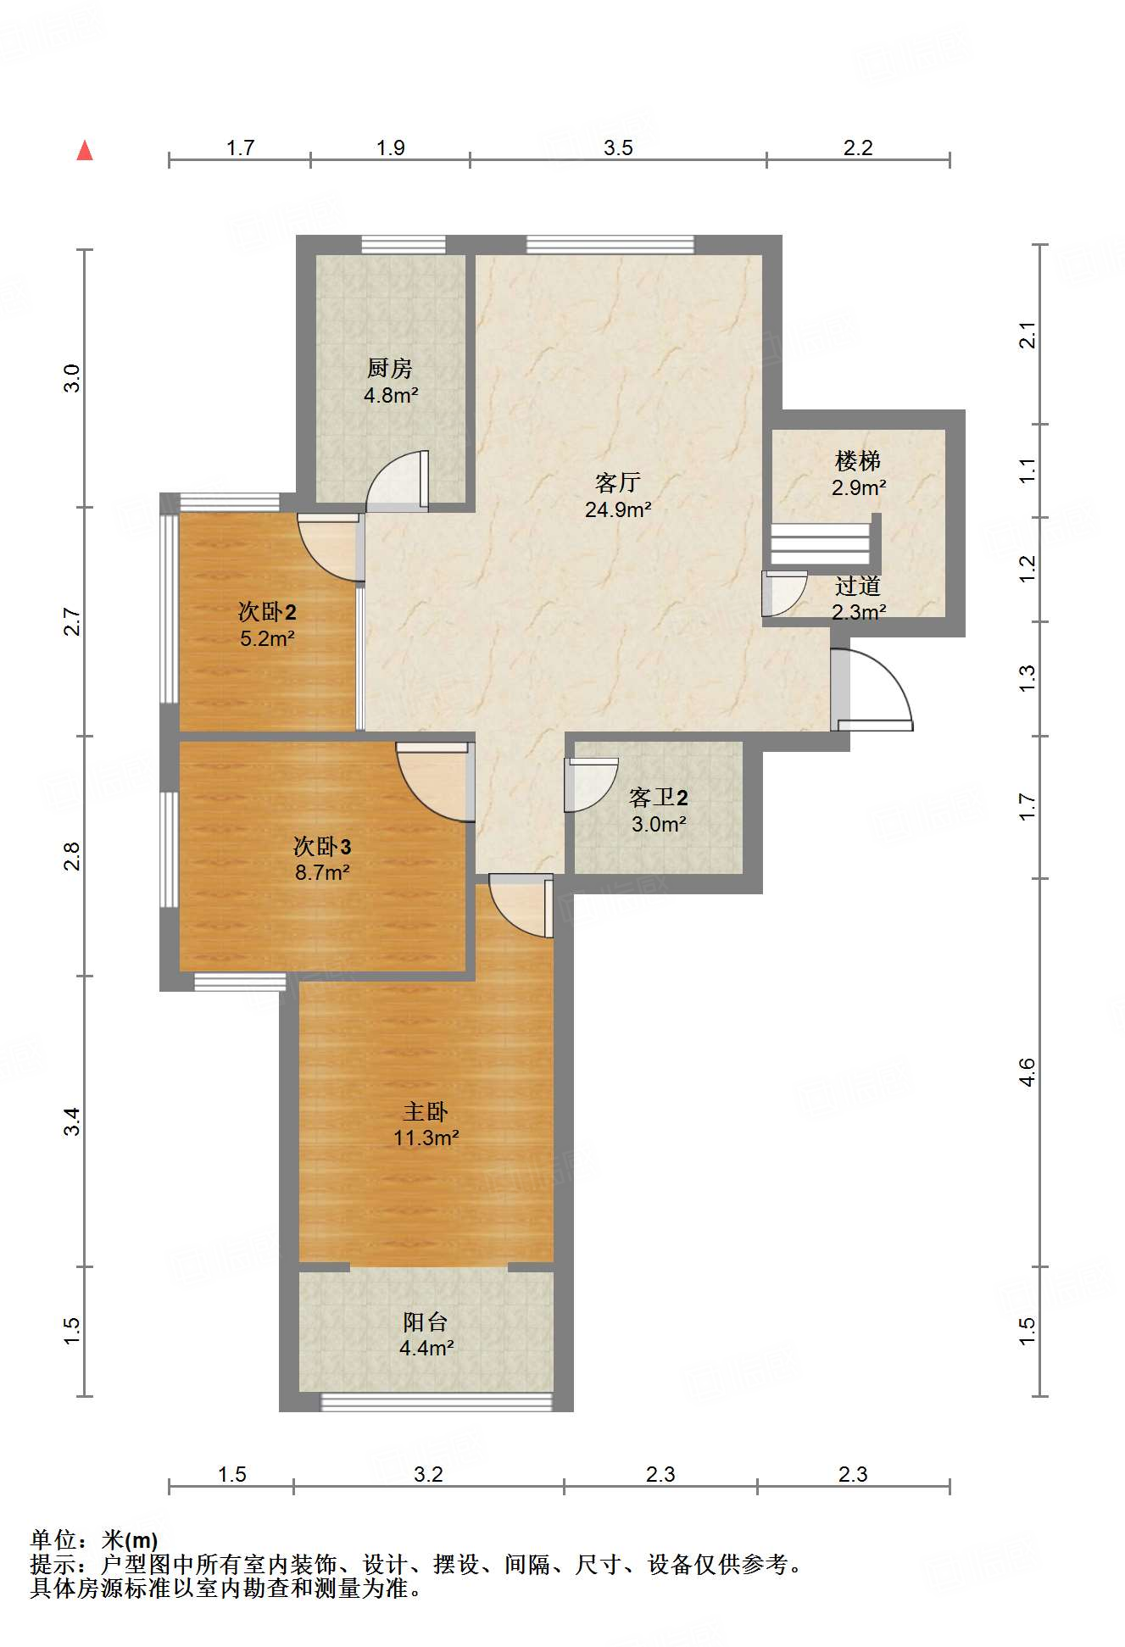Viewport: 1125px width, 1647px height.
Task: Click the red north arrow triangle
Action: (85, 151)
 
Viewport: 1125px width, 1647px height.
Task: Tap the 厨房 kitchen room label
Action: (390, 368)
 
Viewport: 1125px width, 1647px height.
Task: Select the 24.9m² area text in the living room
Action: (618, 509)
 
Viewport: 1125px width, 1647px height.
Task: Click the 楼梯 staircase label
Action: (858, 461)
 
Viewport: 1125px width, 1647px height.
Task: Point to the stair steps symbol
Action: (821, 543)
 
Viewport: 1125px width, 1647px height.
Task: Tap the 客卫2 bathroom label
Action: (659, 797)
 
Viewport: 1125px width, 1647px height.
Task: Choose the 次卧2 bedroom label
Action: (267, 611)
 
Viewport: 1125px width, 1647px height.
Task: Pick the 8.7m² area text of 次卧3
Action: (322, 872)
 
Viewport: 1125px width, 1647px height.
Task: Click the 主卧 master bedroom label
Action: (426, 1111)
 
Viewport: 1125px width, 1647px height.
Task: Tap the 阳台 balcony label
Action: (426, 1321)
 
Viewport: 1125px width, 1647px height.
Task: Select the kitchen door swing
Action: (397, 481)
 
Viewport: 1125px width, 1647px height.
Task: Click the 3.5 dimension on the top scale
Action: (618, 147)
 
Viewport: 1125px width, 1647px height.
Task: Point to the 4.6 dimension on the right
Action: (1027, 1072)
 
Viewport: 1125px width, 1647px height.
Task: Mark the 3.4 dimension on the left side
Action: (73, 1121)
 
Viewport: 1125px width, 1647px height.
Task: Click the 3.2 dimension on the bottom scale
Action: (428, 1474)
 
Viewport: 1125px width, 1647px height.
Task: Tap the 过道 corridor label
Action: (858, 586)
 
